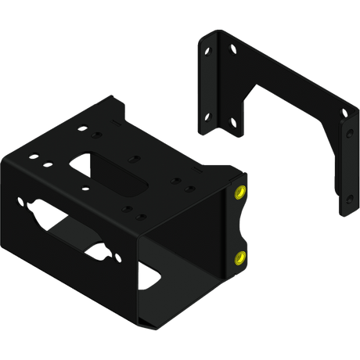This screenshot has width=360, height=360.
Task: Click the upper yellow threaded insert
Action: click(239, 192)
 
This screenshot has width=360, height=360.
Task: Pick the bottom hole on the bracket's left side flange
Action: click(209, 117)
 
